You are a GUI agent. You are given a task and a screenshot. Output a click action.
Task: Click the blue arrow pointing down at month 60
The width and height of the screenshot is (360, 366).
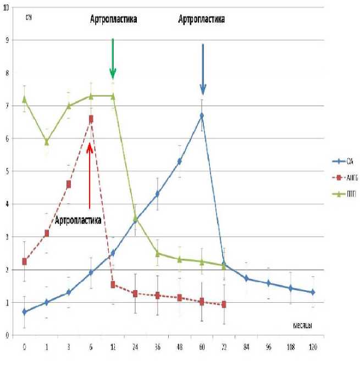pos(202,69)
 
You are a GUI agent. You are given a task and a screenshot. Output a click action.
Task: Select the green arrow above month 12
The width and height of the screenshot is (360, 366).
pos(113,59)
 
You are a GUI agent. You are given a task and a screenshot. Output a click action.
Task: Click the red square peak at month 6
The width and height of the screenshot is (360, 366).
pos(91,118)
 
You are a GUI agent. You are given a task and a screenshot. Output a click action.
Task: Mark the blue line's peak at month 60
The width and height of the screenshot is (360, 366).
pos(202,116)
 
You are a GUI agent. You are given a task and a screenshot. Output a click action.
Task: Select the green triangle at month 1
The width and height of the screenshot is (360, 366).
pos(47,142)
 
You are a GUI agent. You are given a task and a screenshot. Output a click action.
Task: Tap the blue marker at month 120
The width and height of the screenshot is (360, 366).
pos(313,292)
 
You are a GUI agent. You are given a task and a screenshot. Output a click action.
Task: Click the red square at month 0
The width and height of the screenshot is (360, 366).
pos(24,262)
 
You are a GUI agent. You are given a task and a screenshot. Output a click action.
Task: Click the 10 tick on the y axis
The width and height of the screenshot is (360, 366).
pos(7,8)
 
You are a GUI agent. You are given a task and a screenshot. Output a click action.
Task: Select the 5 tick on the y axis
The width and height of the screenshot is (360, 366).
pos(7,171)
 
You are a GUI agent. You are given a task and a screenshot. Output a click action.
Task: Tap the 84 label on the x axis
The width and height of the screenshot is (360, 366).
pos(246,348)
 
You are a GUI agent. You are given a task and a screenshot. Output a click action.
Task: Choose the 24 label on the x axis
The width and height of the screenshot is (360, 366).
pos(135,348)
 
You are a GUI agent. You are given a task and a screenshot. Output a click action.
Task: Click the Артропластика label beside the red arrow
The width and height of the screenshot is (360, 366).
pos(77,221)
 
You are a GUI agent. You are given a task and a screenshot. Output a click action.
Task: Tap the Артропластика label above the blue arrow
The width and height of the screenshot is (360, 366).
pos(202,19)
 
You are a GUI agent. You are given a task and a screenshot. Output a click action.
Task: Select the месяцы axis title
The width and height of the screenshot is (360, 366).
pos(300,325)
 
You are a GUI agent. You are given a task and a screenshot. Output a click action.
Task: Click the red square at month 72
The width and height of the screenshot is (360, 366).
pos(224,304)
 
